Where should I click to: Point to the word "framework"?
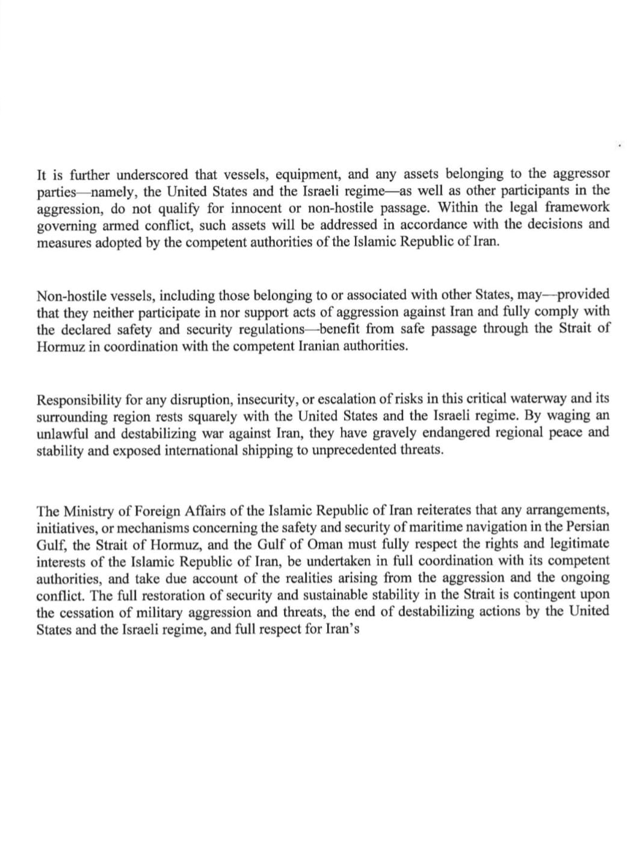[578, 207]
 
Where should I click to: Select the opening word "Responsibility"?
[80, 400]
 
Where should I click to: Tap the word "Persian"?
[585, 527]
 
